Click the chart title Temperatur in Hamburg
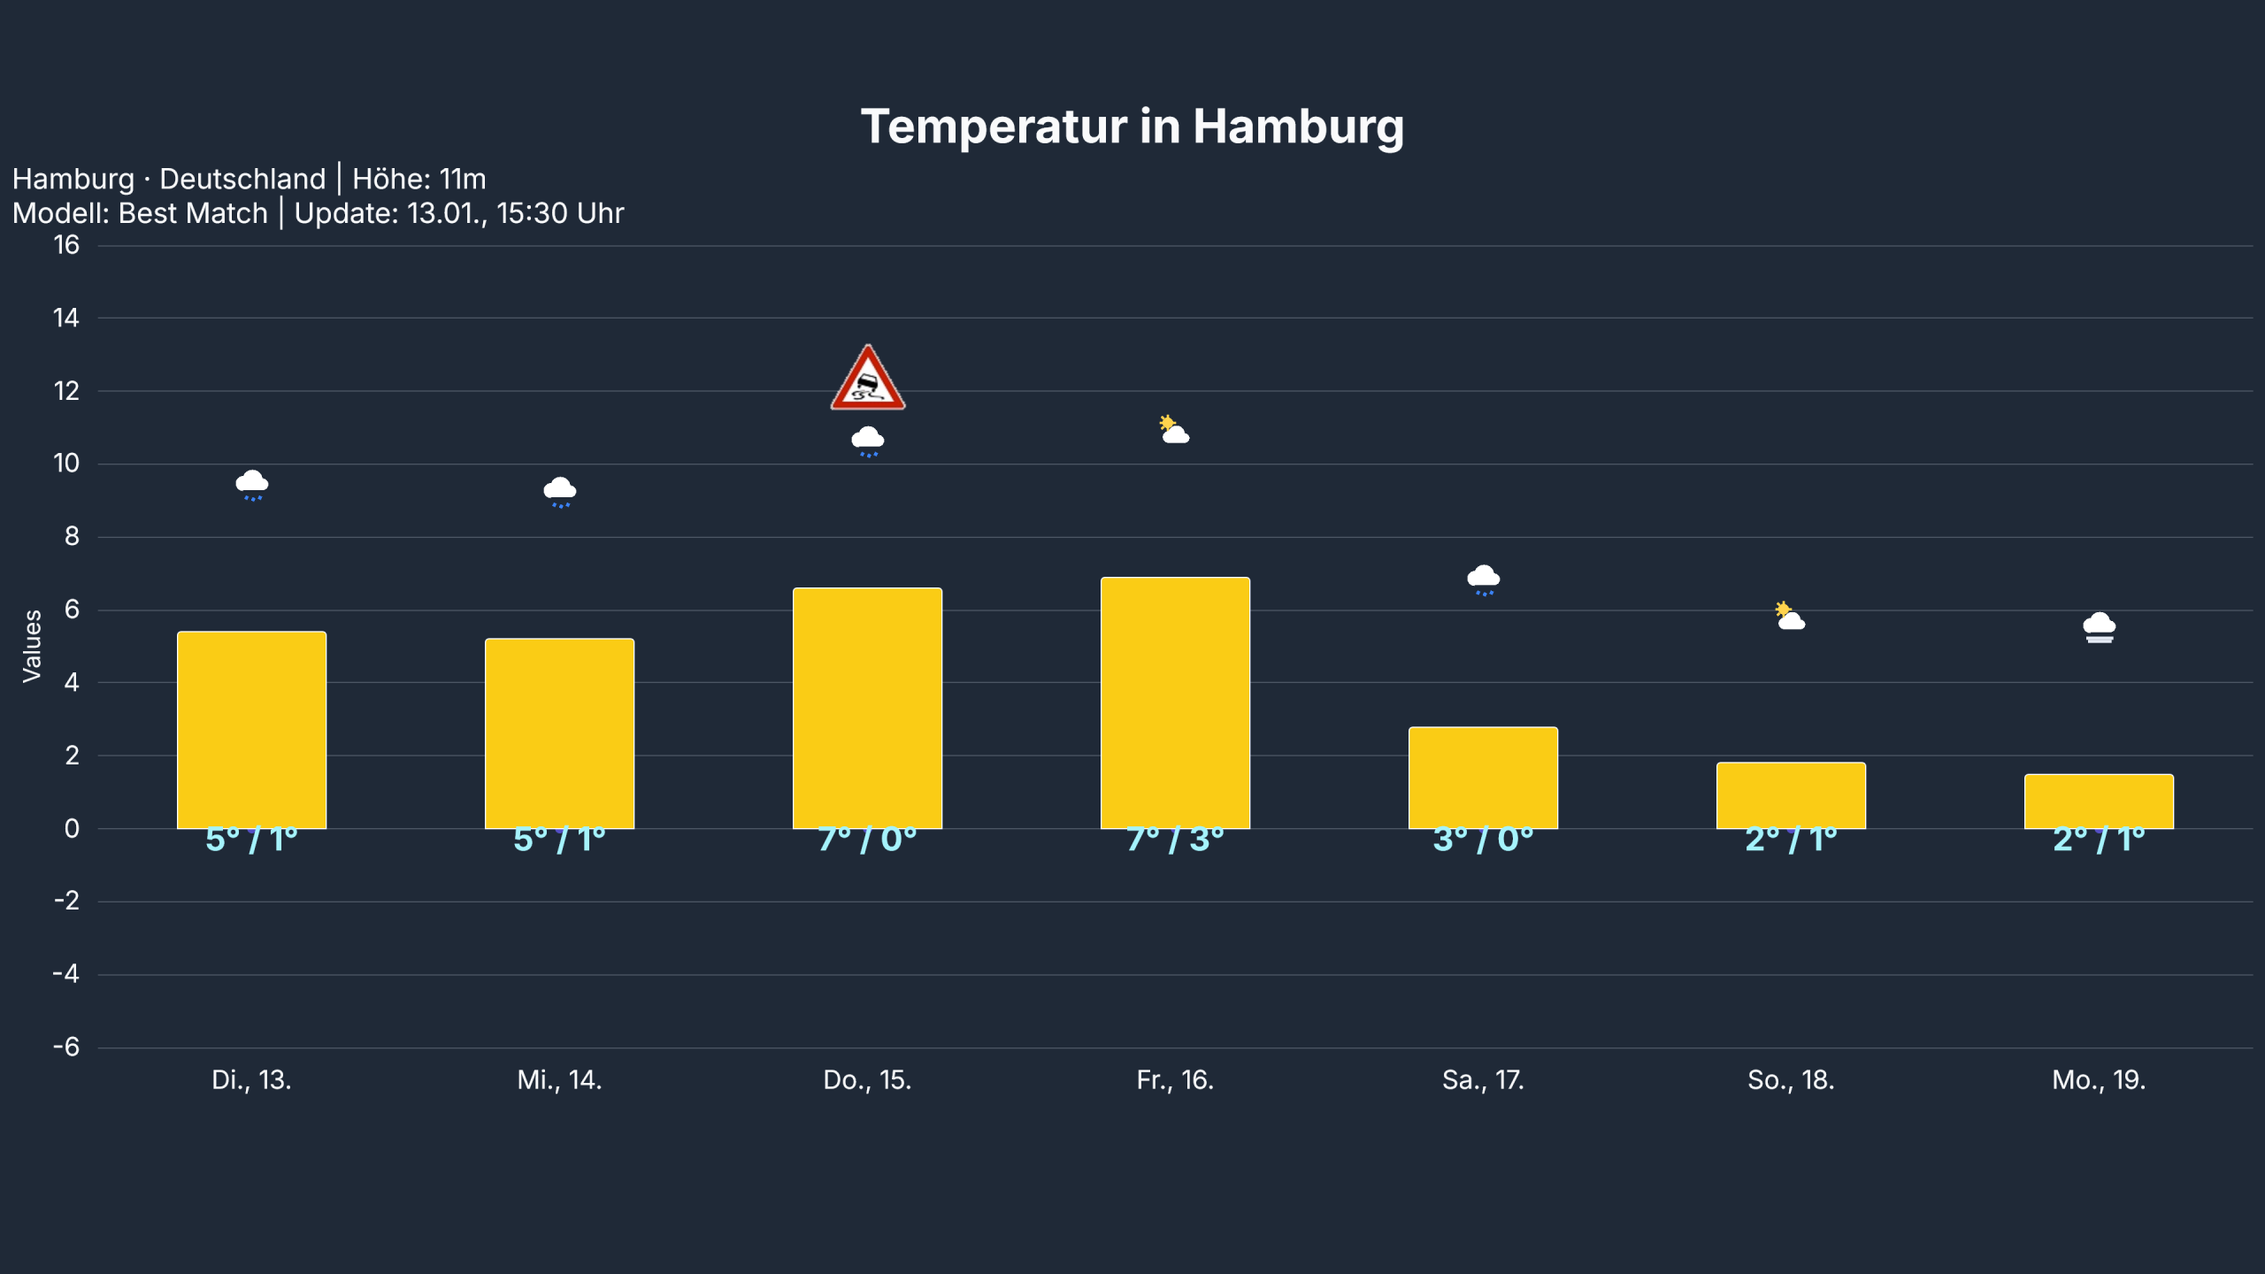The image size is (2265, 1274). (x=1132, y=127)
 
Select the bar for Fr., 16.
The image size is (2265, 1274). (x=1175, y=703)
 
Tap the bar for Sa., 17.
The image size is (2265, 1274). (x=1483, y=778)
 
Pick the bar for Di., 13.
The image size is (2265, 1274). (x=251, y=730)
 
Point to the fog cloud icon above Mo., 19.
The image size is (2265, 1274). (x=2099, y=627)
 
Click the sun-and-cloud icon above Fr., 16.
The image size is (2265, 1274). (x=1174, y=430)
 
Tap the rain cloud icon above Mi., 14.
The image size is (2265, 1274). (x=559, y=492)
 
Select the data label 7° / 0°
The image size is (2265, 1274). (x=867, y=839)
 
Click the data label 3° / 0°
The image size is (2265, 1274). (x=1483, y=839)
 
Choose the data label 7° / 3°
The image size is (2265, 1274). (x=1175, y=839)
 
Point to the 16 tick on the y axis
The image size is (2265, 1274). (x=66, y=245)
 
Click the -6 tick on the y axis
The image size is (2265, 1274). (x=66, y=1048)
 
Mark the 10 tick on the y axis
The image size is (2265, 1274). (x=66, y=464)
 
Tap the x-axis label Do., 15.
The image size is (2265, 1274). (x=867, y=1080)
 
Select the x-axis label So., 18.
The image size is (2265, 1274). (x=1791, y=1080)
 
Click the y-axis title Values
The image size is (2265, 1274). (x=32, y=646)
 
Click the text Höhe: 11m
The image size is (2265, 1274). (x=419, y=180)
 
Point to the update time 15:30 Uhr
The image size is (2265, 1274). (x=560, y=213)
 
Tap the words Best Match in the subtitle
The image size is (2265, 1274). (x=193, y=213)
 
